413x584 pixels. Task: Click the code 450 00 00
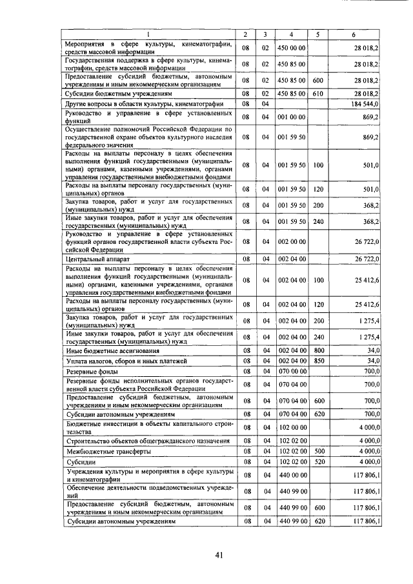(292, 48)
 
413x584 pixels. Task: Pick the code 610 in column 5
(317, 93)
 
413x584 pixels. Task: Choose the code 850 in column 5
(317, 361)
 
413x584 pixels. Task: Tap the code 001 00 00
(292, 117)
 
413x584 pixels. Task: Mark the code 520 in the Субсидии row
(317, 463)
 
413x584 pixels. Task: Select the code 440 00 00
(292, 476)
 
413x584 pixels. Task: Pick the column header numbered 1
(148, 34)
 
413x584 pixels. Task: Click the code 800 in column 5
(317, 350)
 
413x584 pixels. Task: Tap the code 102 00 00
(292, 427)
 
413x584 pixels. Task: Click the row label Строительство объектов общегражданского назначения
(148, 441)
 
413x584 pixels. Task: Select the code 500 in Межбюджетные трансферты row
(317, 452)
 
